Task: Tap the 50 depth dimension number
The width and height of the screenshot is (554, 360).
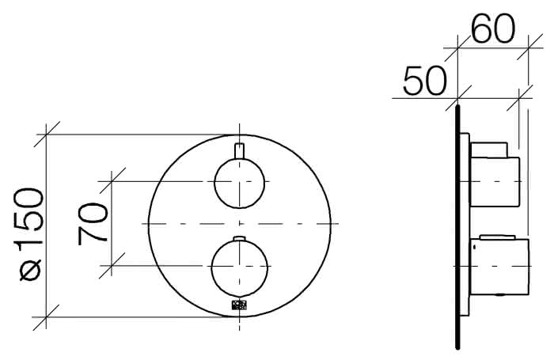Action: tap(425, 80)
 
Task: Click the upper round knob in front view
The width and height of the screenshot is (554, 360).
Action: tap(239, 183)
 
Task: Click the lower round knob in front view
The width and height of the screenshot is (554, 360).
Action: tap(240, 268)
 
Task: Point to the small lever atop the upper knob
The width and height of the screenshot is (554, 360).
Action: tap(239, 150)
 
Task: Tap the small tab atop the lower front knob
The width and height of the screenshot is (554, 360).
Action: tap(240, 238)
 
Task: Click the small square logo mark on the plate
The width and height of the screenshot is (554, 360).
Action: tap(239, 305)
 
